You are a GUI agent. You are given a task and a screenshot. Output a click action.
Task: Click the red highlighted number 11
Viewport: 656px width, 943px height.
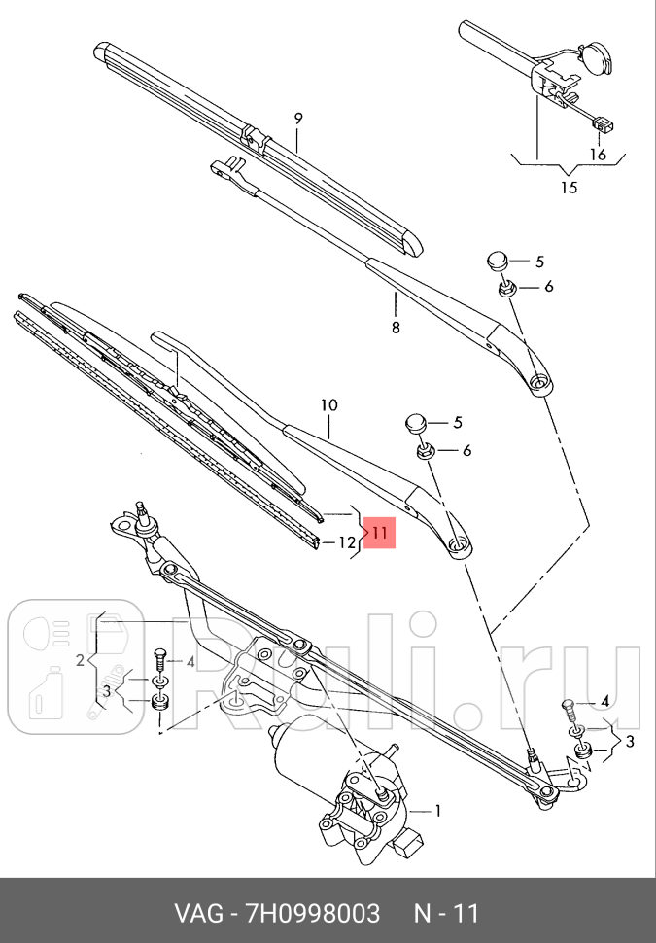point(380,533)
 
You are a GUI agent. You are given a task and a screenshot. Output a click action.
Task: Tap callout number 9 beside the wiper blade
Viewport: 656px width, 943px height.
point(299,118)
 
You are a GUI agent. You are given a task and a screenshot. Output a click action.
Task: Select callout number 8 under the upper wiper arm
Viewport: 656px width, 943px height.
point(396,328)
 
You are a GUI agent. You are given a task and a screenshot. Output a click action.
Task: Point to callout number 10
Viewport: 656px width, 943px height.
point(328,403)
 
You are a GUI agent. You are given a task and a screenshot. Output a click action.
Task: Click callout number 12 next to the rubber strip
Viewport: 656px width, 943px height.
point(347,542)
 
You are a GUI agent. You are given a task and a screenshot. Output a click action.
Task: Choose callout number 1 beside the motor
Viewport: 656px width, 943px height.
point(437,809)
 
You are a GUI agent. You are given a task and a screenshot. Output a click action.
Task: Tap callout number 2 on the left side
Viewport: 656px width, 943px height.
point(81,661)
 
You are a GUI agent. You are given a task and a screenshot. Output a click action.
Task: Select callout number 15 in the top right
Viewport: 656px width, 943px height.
point(569,187)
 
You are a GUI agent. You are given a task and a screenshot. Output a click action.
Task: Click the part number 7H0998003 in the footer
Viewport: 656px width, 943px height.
point(315,914)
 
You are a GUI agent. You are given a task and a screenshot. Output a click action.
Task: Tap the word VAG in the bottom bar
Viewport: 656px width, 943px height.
point(196,914)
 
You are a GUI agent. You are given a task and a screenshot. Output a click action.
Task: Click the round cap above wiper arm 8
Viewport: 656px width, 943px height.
point(498,261)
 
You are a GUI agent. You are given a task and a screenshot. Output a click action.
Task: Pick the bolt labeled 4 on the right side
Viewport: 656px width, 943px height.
point(570,707)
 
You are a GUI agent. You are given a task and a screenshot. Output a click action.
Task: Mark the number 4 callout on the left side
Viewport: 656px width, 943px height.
point(190,662)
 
